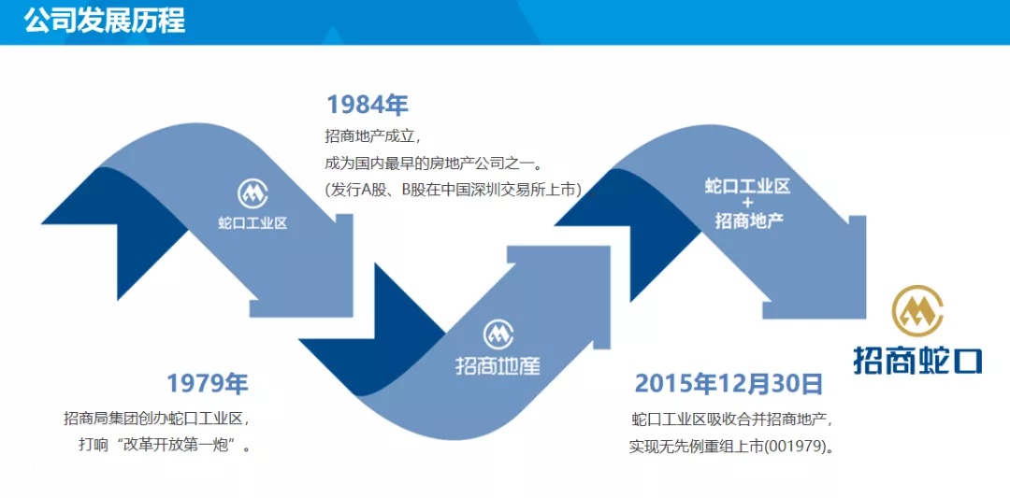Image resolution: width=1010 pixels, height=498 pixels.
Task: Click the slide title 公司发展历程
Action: [104, 20]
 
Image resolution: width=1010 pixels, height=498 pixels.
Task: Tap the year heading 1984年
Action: [367, 104]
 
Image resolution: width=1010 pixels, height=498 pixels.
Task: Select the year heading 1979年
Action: [208, 383]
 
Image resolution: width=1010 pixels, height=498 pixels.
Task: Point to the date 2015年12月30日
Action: [729, 383]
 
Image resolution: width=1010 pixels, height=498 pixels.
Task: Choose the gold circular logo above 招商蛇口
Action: [917, 312]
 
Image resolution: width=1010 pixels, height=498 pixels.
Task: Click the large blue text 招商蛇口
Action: [917, 360]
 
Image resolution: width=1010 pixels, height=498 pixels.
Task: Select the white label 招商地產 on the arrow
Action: [498, 365]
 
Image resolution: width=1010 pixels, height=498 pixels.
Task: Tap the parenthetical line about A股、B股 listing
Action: [454, 189]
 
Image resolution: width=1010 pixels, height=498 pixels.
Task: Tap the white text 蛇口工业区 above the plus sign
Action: [747, 186]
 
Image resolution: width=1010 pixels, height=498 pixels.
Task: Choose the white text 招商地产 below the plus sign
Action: [748, 221]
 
